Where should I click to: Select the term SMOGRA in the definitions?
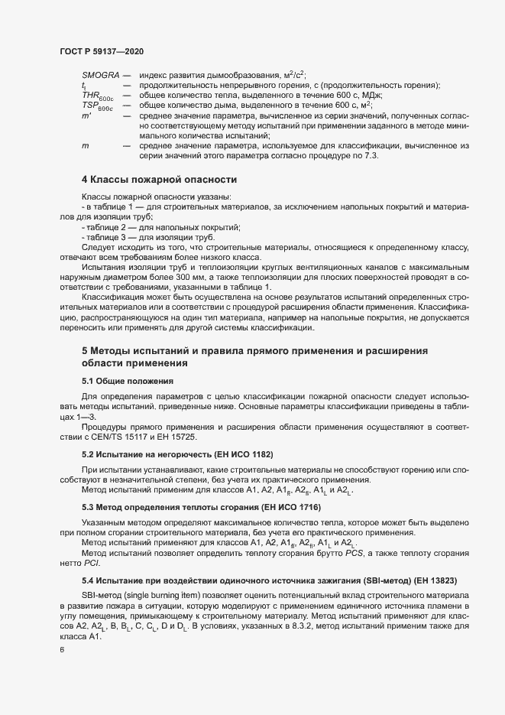(x=99, y=75)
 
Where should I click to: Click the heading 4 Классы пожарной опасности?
(x=159, y=180)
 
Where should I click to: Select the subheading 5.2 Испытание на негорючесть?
(x=177, y=454)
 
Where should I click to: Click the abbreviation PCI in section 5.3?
(x=91, y=562)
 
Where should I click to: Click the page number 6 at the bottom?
(x=63, y=651)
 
